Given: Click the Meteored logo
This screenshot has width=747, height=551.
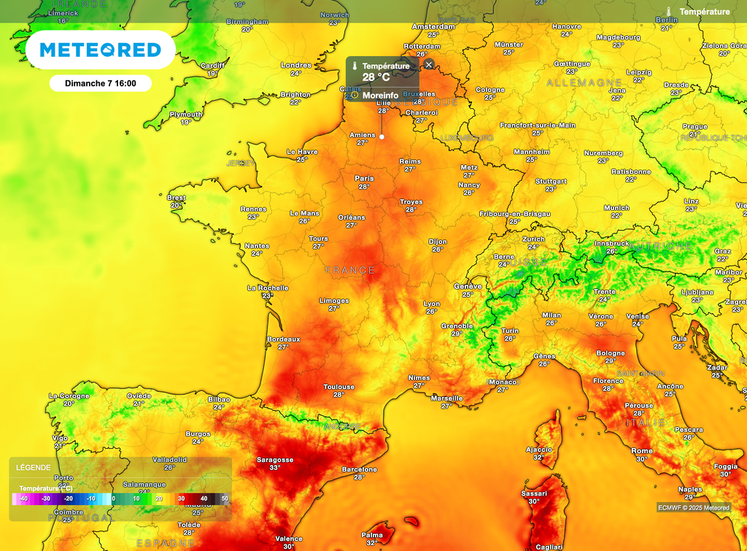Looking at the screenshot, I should pos(100,50).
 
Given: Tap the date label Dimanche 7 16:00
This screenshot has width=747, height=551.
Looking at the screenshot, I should pos(100,83).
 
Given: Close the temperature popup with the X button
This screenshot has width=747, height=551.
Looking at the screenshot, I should pos(429,64).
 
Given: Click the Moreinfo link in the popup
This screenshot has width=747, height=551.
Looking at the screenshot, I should pos(380,95).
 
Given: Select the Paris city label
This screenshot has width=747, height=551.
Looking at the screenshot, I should pos(364,178).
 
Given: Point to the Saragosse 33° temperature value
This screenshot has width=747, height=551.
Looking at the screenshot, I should pos(275,468).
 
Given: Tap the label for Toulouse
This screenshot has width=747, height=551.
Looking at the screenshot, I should pos(339,387).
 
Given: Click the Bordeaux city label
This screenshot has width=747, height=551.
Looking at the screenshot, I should pos(284,339).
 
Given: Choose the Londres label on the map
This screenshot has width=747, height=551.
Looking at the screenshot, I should pos(296,65).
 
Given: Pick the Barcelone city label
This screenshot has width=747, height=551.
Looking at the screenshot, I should pos(359,469).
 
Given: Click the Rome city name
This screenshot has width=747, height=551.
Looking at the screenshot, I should pos(642,451).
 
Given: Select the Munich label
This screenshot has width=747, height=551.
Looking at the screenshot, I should pos(616,208).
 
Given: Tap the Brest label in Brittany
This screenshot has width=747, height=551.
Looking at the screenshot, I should pos(177,197).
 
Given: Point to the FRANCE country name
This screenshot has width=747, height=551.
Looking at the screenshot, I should pos(350,271).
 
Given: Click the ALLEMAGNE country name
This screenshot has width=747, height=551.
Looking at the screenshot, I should pos(584,83).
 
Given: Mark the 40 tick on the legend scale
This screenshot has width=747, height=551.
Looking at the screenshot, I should pos(204,498).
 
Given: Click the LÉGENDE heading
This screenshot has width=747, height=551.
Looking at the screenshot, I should pos(34,468).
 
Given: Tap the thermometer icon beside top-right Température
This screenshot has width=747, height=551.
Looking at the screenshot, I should pos(668,12).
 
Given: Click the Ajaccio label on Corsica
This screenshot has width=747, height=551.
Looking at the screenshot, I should pos(540,449).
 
